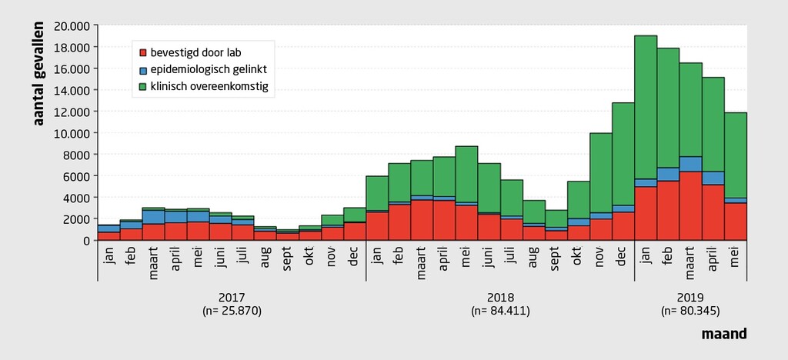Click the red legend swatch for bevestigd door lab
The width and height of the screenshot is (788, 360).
pos(143,53)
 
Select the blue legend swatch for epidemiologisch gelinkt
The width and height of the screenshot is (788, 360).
pos(143,70)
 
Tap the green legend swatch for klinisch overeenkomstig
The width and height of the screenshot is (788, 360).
pos(143,87)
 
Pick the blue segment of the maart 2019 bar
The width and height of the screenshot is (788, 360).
pos(690,164)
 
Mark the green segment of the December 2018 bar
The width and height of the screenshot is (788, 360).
pos(623,154)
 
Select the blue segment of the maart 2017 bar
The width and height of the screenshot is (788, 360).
pos(153,217)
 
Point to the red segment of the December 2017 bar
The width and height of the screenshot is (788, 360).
pos(355,231)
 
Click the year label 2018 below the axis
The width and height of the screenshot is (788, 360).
pos(500,297)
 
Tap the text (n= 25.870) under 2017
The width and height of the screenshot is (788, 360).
pos(232,311)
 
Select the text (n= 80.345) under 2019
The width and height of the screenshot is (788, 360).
pos(690,311)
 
